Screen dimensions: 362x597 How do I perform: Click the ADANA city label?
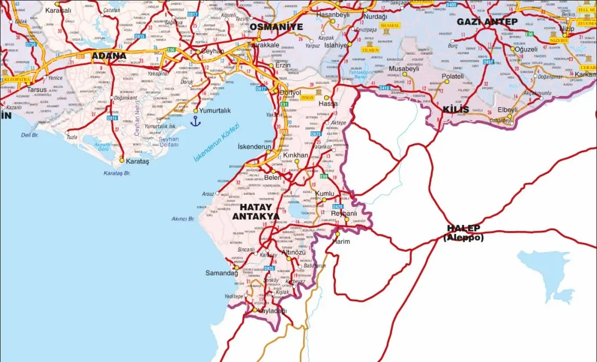coord(109,56)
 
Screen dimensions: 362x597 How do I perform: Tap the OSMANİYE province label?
coord(276,26)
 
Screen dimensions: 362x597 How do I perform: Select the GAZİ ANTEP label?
coord(487,22)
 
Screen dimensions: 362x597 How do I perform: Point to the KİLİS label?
coord(456,109)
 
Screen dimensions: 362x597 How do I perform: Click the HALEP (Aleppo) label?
coord(464,233)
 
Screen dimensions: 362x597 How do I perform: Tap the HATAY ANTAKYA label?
coord(255,211)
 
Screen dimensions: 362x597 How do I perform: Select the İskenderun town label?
coord(254,147)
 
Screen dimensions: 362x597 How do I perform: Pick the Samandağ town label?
coord(221,273)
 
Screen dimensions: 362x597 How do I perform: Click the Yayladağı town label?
coord(270,311)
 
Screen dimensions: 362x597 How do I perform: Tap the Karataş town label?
coord(138,162)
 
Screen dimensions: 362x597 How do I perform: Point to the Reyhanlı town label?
coord(344,214)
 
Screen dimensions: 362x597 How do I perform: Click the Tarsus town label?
coord(37,89)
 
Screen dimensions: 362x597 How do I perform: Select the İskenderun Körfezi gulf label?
coord(216,142)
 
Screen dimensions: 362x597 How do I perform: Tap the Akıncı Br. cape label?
coord(183,219)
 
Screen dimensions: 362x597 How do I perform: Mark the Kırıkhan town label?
coord(295,156)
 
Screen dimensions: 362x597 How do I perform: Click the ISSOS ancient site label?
coord(308,97)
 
